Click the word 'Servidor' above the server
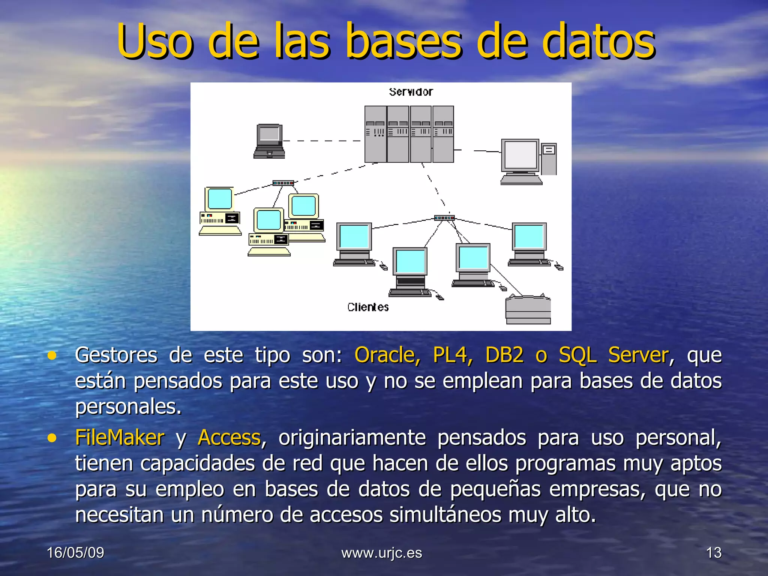(x=411, y=92)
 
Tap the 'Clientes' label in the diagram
(x=368, y=307)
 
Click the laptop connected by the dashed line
(x=269, y=141)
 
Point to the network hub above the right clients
(x=444, y=218)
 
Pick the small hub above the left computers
(x=283, y=183)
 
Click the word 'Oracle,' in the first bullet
(x=387, y=355)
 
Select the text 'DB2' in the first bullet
(x=504, y=355)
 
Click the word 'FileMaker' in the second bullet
(x=120, y=437)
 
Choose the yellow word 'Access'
(x=229, y=437)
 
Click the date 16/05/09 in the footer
(x=75, y=553)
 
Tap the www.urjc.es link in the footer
(x=382, y=553)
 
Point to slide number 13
(x=714, y=553)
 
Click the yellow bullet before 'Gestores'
(x=52, y=355)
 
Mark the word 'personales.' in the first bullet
(x=128, y=406)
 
